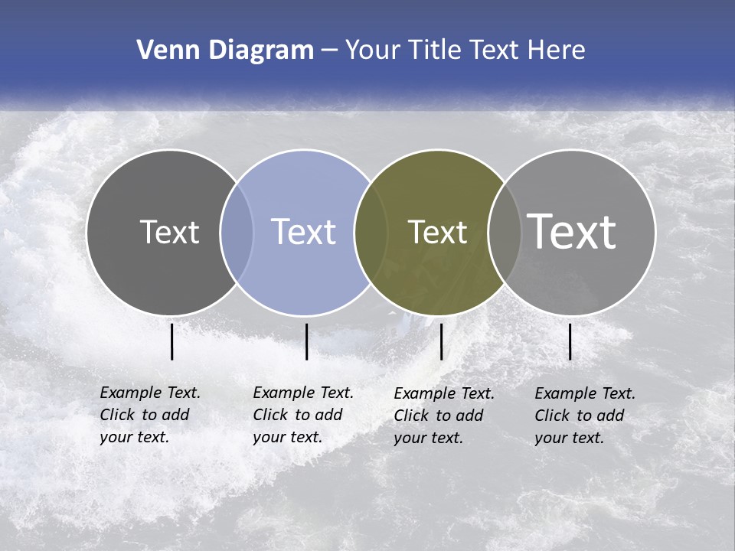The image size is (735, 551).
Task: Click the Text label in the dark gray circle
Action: click(x=169, y=232)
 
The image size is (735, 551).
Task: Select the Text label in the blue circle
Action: click(x=303, y=232)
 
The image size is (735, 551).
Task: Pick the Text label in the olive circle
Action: click(x=437, y=232)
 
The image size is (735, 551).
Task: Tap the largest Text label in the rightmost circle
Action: click(x=572, y=231)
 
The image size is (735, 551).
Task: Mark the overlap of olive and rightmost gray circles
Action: click(x=505, y=232)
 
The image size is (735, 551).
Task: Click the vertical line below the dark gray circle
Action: click(x=171, y=341)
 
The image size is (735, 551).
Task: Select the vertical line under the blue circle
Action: click(x=306, y=341)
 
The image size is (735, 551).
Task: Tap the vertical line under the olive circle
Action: click(x=441, y=341)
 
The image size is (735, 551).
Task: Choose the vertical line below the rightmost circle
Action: click(x=570, y=341)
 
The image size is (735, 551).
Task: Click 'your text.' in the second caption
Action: click(x=287, y=437)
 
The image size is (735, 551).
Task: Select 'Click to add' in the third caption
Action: click(x=439, y=416)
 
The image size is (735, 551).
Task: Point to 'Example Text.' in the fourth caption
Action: click(x=585, y=393)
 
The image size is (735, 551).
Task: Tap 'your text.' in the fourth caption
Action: click(x=569, y=438)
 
